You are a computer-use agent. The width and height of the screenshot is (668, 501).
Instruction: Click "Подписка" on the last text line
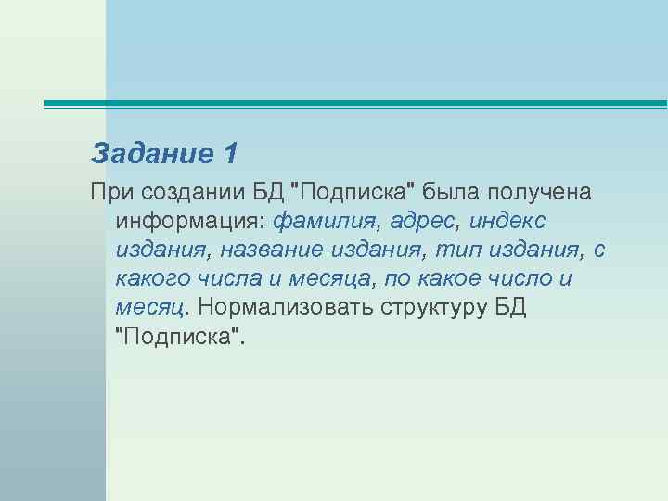180,334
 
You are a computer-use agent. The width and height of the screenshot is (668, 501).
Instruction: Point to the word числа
232,278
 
